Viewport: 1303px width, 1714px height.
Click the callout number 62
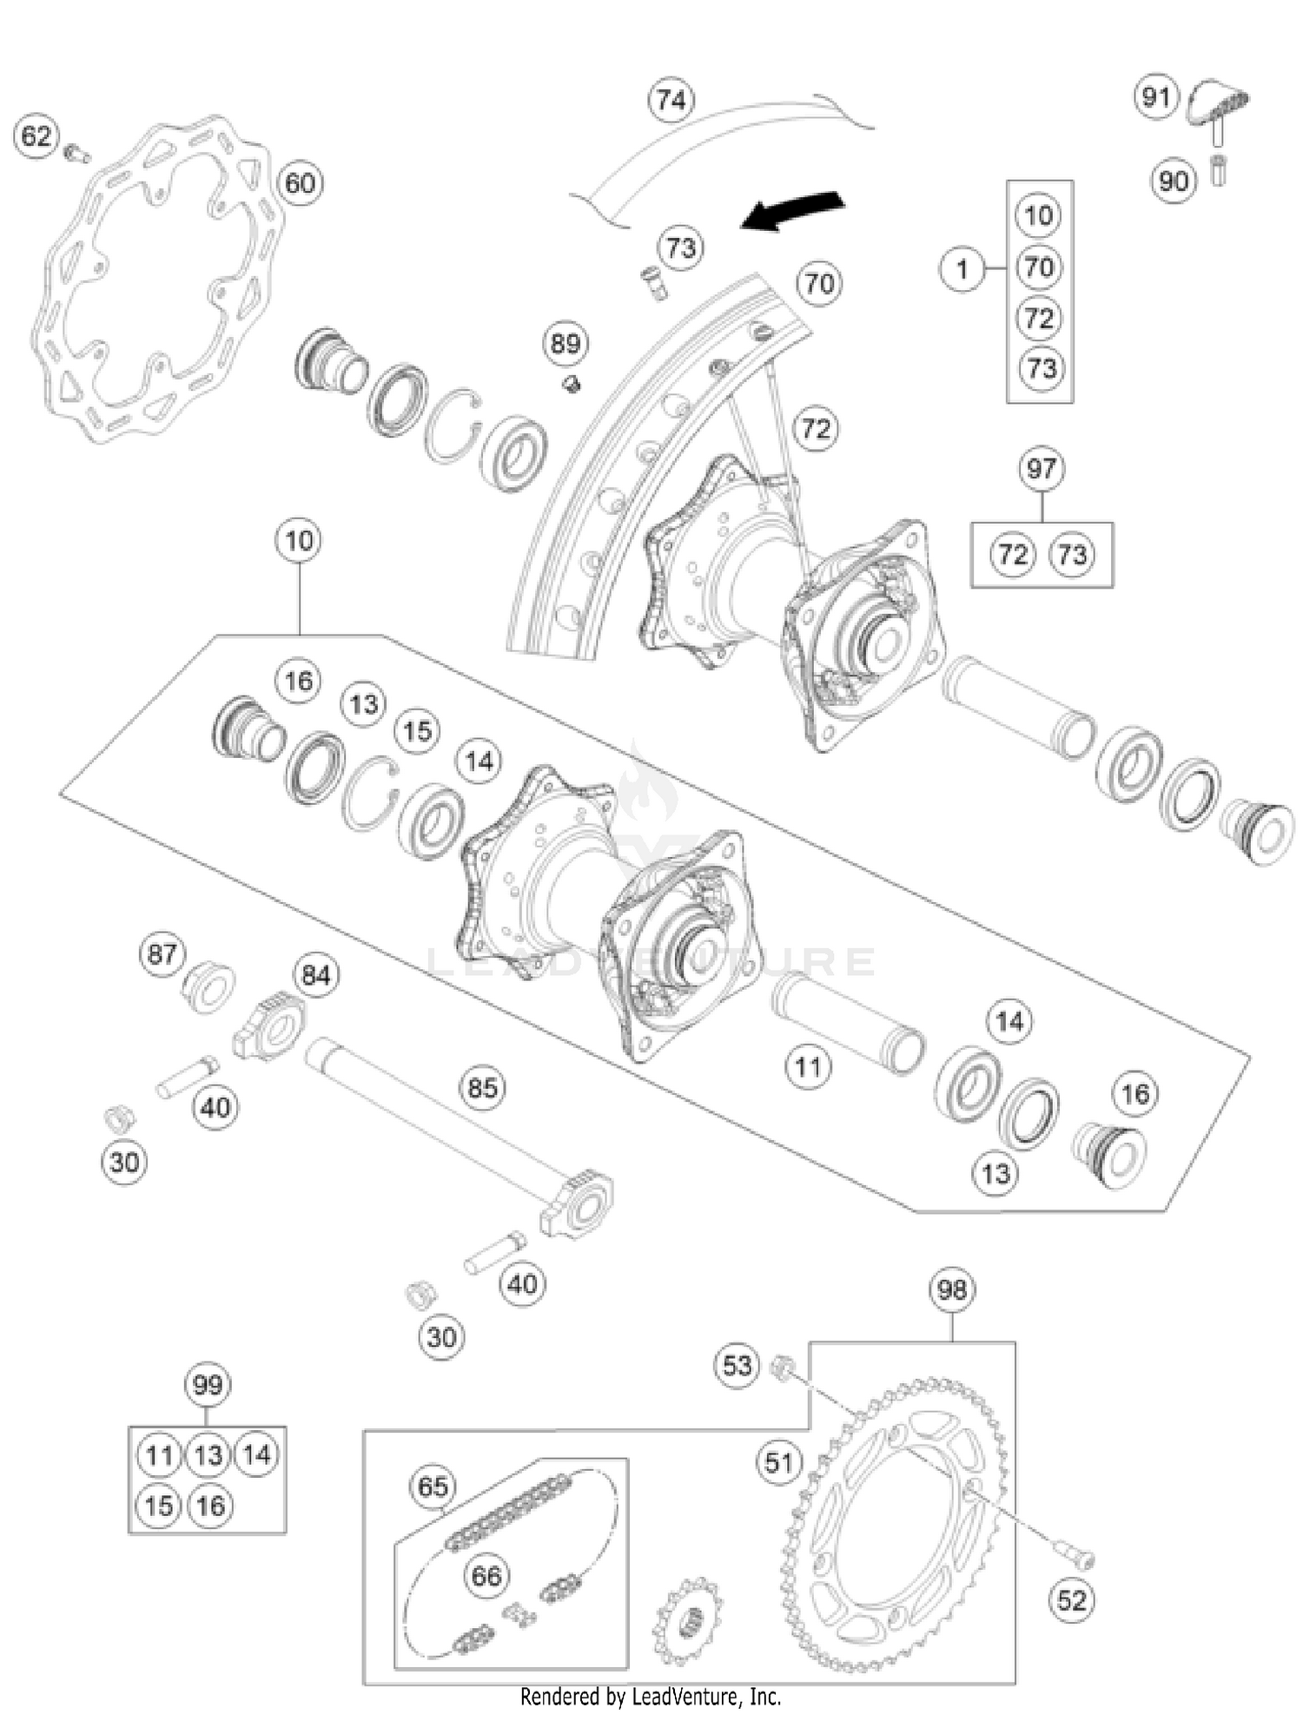[36, 137]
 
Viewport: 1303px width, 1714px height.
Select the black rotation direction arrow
[792, 210]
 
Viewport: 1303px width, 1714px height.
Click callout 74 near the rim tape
[671, 101]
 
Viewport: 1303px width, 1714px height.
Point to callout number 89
[566, 344]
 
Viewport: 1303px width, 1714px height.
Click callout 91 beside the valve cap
[1155, 97]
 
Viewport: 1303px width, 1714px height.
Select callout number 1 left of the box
[962, 269]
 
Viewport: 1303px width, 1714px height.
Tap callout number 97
[1041, 470]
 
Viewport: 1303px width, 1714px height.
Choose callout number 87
[162, 954]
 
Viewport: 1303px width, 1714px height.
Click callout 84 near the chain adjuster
[315, 976]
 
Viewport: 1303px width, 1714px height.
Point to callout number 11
[808, 1066]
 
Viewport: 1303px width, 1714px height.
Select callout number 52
[1071, 1599]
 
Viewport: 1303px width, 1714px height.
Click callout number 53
[737, 1365]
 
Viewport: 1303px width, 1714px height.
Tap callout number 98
[952, 1289]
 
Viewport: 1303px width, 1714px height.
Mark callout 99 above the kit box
[208, 1384]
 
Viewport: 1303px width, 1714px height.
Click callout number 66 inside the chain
[486, 1575]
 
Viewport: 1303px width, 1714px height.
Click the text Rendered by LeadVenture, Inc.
[651, 1696]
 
